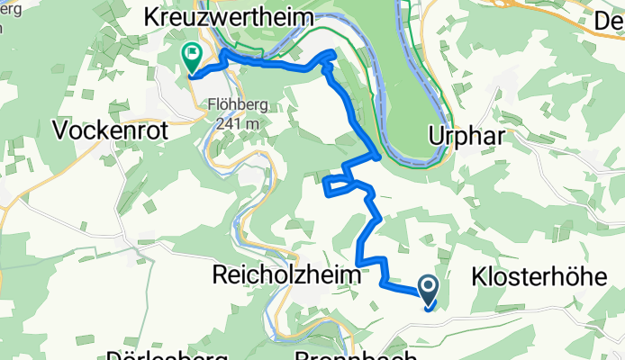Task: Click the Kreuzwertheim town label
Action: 229,17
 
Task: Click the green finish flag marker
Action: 192,57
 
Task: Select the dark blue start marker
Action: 428,288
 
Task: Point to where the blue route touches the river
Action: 379,157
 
